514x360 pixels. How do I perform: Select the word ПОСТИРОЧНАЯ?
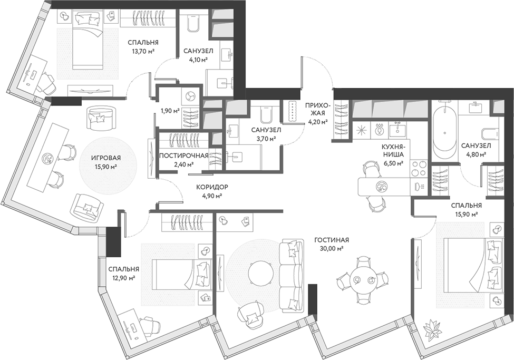(x=183, y=155)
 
